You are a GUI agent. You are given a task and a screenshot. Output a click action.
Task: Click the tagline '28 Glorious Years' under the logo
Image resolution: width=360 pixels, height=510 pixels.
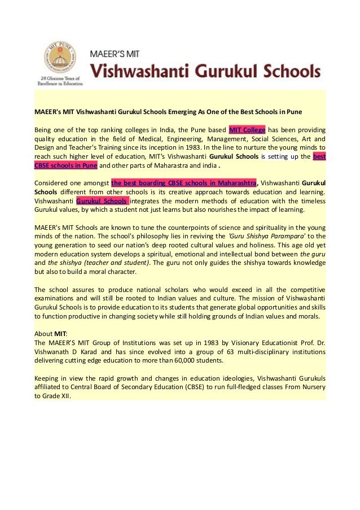[x=59, y=80]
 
